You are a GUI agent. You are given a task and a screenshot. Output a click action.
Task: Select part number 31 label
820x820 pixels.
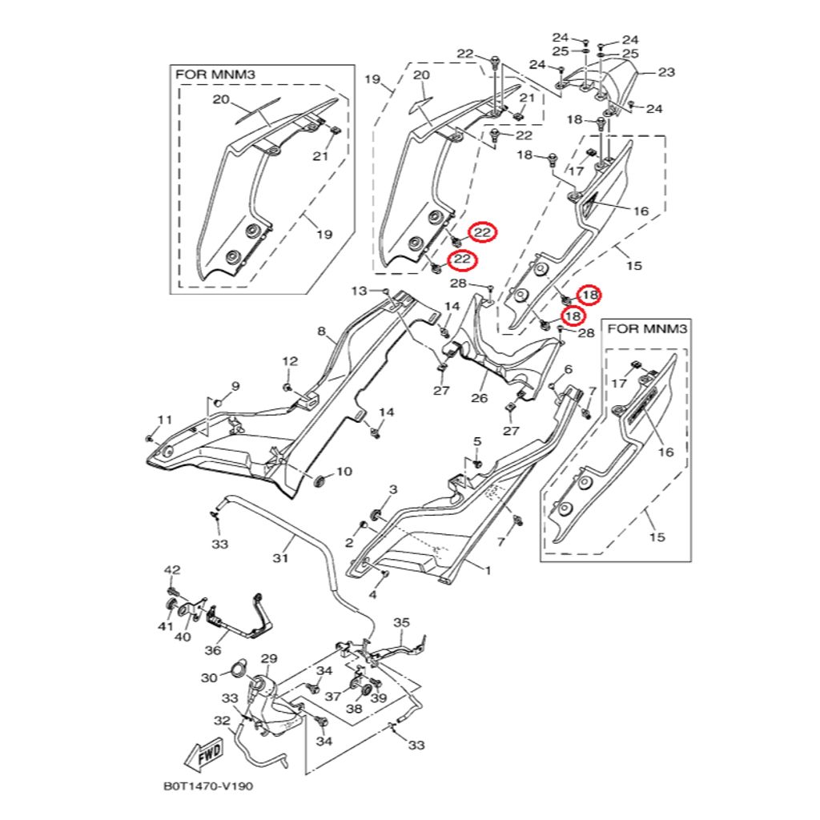tap(280, 558)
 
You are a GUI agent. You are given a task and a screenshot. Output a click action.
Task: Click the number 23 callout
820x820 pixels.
tap(666, 72)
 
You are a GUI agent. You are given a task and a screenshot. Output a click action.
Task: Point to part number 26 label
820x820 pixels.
tap(479, 398)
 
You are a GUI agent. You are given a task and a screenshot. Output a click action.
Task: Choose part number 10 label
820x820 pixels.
tap(344, 472)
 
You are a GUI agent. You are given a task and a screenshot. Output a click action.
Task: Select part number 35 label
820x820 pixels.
tap(401, 622)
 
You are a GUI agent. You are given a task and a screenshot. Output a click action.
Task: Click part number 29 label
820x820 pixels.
tap(268, 658)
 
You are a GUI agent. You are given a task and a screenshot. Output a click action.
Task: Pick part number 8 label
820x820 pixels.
tap(321, 331)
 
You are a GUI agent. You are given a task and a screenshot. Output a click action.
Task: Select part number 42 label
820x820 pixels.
tap(172, 569)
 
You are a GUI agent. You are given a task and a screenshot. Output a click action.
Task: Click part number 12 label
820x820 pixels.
tap(289, 361)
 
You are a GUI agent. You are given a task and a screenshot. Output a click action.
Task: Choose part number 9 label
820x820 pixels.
tap(235, 387)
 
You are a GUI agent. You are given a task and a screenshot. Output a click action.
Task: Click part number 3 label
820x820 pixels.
tap(393, 488)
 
